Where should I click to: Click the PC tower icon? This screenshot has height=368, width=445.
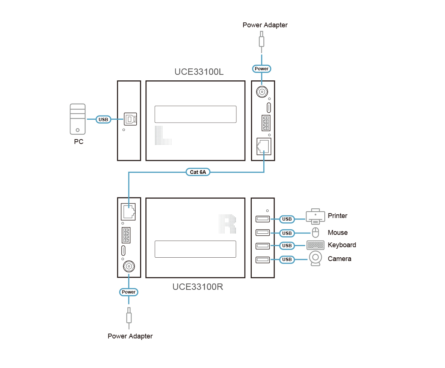click(78, 119)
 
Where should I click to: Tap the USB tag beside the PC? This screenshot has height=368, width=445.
click(103, 120)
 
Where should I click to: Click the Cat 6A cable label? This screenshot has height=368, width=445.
click(198, 172)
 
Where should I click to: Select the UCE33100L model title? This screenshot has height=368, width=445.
click(199, 72)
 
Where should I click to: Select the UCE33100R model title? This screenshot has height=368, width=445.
click(197, 287)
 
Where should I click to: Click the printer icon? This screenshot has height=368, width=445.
click(315, 217)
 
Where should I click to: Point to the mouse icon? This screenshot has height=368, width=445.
click(315, 232)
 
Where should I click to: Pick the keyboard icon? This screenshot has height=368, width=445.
click(315, 245)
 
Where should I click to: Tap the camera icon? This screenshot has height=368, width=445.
click(316, 258)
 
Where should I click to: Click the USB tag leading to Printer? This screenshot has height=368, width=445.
click(287, 219)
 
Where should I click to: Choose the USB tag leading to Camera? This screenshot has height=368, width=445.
click(287, 260)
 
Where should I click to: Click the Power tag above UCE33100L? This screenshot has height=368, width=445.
click(261, 68)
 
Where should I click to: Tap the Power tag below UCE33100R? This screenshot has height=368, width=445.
click(128, 292)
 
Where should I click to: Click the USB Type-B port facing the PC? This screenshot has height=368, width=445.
click(130, 119)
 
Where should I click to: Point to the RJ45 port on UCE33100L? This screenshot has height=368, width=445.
click(264, 146)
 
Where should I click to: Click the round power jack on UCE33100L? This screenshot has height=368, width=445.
click(261, 92)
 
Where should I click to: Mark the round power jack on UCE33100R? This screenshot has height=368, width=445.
click(129, 267)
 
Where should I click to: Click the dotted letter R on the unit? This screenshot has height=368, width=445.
click(227, 224)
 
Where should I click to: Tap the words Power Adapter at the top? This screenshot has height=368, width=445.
click(265, 25)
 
